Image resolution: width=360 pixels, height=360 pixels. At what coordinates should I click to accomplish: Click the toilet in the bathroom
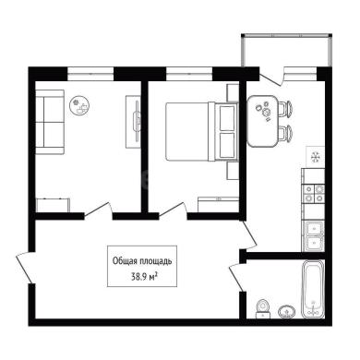coord(263,308)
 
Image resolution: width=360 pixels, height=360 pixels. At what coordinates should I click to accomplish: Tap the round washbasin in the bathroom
coord(287,312)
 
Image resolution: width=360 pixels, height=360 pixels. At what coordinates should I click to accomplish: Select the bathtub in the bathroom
coord(313,289)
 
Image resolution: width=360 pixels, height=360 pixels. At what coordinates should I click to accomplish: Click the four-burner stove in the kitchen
coord(314,194)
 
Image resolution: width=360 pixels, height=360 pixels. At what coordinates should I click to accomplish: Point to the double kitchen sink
coord(313,236)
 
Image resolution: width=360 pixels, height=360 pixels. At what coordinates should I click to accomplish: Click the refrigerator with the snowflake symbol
coord(315,157)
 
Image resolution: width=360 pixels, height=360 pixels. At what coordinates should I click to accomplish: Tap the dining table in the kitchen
coord(262,121)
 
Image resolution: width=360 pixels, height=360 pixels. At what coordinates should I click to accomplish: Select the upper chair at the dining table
coord(285,109)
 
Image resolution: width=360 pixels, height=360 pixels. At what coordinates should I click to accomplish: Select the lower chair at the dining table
coord(285,133)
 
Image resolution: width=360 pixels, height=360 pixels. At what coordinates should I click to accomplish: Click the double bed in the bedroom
coord(202,131)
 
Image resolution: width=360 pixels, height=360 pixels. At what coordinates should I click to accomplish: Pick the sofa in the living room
coord(50,122)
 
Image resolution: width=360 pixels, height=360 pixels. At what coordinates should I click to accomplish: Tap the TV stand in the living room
coord(134,122)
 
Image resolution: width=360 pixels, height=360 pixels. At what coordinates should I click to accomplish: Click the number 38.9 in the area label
coord(138,277)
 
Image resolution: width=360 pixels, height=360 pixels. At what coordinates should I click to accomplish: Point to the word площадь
coord(156,262)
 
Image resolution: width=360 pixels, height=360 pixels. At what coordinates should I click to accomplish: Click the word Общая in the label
coord(125,261)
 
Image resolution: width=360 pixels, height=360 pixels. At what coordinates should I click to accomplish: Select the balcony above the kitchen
coord(287,50)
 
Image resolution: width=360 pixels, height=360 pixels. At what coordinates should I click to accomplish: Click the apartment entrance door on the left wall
coord(25,267)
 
